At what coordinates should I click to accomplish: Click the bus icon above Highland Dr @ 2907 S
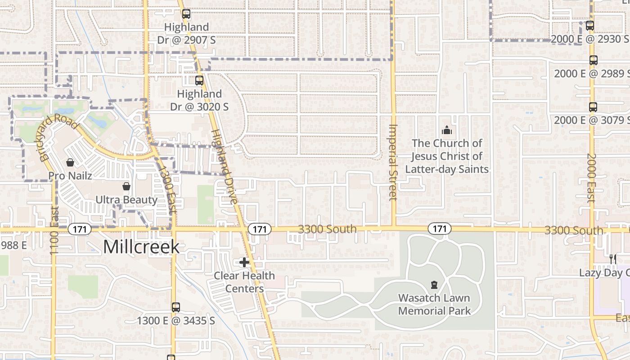point(186,14)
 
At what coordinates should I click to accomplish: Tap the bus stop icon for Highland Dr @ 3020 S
point(199,81)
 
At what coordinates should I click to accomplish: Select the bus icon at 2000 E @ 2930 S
point(589,26)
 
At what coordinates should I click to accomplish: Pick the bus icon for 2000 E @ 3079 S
point(593,107)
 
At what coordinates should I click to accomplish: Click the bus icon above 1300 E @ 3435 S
point(175,307)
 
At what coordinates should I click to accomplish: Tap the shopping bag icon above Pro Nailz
point(70,162)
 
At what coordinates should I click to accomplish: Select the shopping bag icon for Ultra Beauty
point(126,186)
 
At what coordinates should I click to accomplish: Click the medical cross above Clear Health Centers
point(244,262)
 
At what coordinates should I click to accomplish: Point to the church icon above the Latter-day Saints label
point(447,130)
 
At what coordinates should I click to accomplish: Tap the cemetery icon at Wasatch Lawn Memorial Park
point(434,285)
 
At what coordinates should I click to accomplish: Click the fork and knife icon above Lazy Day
point(612,259)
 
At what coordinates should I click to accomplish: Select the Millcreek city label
point(141,247)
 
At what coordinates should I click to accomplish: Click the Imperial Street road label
point(393,162)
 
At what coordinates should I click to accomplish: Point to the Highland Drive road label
point(224,166)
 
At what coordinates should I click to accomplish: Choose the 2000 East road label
point(591,178)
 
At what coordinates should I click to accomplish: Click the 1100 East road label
point(54,230)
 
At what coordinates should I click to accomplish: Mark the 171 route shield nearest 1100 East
point(80,229)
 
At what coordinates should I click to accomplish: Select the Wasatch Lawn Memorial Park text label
point(434,304)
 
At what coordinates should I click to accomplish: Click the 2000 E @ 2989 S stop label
point(591,73)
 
